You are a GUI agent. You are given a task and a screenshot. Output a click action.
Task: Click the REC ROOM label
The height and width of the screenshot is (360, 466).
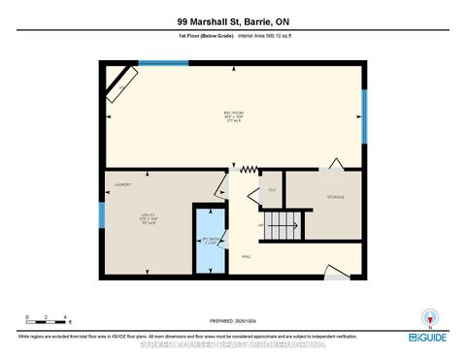tap(233, 113)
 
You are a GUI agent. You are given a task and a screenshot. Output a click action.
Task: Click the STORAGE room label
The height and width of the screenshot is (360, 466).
tap(334, 197)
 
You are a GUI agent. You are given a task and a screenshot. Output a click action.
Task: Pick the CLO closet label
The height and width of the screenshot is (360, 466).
tap(272, 188)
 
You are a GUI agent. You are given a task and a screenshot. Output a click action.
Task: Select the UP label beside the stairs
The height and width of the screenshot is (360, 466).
tap(260, 225)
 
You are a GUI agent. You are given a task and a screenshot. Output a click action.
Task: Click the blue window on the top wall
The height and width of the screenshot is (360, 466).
tap(163, 63)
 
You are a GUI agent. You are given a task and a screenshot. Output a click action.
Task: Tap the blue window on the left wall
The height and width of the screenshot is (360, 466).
tap(101, 215)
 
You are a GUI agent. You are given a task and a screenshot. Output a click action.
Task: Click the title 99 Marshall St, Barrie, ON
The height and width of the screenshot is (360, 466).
tap(233, 20)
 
